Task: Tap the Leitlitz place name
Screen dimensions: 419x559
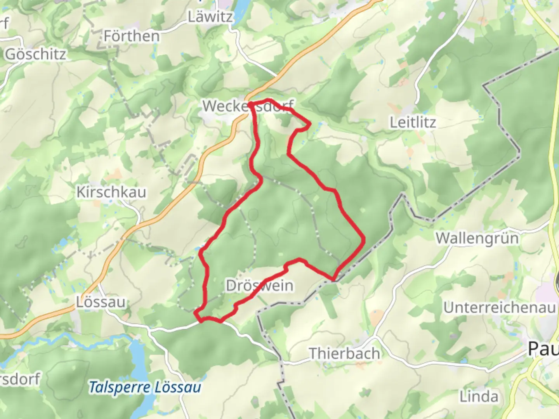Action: pyautogui.click(x=413, y=123)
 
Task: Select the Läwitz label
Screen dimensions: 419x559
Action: pyautogui.click(x=210, y=17)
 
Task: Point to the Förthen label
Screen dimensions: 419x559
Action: pyautogui.click(x=132, y=36)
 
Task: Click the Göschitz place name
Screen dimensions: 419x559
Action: pyautogui.click(x=35, y=54)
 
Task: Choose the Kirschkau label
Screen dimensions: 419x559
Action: pyautogui.click(x=111, y=192)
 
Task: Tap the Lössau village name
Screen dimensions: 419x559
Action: pyautogui.click(x=101, y=302)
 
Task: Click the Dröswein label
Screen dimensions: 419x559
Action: pyautogui.click(x=260, y=286)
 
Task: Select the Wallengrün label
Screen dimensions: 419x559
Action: pyautogui.click(x=477, y=238)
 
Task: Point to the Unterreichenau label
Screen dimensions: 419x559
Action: pyautogui.click(x=500, y=308)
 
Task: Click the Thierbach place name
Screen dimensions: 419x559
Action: pyautogui.click(x=344, y=353)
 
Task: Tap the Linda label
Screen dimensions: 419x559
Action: pyautogui.click(x=479, y=396)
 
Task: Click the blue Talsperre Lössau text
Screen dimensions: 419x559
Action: pyautogui.click(x=145, y=387)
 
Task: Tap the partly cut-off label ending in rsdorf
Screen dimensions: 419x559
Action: pyautogui.click(x=19, y=379)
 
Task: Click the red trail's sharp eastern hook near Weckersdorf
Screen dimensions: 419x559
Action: pyautogui.click(x=309, y=125)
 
